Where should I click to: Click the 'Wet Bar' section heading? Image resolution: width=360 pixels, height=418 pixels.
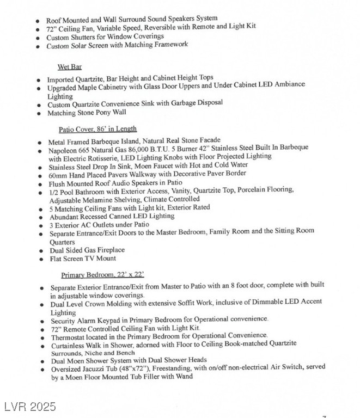point(69,67)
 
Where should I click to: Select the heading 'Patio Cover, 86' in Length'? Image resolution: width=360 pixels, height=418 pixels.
point(97,130)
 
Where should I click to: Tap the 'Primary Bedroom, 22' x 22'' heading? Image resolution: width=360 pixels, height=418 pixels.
point(102,274)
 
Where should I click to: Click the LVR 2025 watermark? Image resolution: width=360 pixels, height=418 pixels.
point(29,407)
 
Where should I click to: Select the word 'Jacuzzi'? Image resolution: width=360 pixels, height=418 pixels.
point(99,368)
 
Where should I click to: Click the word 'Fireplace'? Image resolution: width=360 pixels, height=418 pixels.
point(109,250)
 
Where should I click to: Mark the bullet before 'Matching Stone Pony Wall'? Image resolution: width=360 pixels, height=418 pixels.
point(38,113)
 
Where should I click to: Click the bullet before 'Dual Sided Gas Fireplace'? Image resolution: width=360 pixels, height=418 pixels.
point(39,251)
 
